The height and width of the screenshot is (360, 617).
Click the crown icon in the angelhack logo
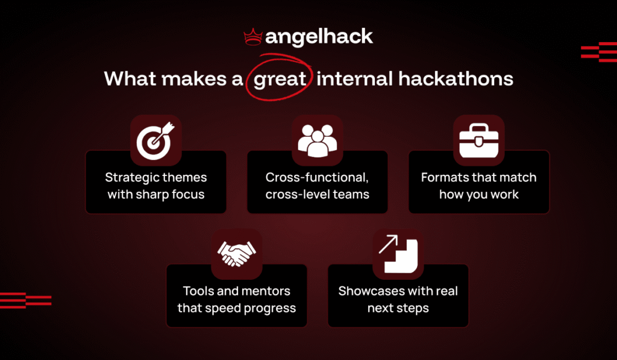(x=252, y=37)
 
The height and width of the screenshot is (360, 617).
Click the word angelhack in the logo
(x=319, y=37)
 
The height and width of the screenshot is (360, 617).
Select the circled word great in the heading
(x=280, y=80)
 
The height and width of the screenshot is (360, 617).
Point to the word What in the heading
(x=128, y=80)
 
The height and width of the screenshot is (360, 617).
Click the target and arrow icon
(x=155, y=140)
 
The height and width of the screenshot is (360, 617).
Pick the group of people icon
(x=318, y=140)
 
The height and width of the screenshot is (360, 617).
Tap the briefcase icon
(x=478, y=140)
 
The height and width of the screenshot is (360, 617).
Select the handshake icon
(x=236, y=254)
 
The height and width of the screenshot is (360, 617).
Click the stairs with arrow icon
(x=398, y=254)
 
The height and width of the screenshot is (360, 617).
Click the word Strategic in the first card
(x=133, y=177)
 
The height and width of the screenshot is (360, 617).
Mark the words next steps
(x=398, y=309)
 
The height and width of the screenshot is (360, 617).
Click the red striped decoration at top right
(x=598, y=52)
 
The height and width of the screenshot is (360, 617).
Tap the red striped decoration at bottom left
(x=25, y=300)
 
